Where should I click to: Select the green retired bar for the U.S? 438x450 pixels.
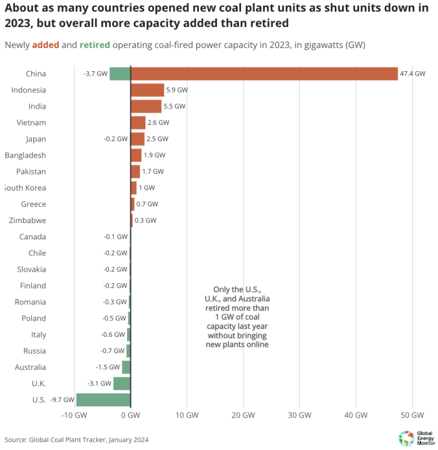point(103,400)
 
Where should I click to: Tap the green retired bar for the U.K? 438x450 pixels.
point(121,384)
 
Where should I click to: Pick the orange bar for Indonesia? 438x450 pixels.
point(147,90)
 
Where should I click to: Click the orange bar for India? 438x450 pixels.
point(146,106)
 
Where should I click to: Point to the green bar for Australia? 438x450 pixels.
point(126,367)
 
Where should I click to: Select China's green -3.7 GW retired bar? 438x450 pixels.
point(120,74)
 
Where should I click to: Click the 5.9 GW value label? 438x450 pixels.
point(177,90)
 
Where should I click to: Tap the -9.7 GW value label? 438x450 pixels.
point(61,400)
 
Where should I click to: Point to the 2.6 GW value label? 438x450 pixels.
point(158,122)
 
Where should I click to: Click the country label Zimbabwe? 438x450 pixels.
point(26,221)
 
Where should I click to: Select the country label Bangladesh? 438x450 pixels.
point(25,155)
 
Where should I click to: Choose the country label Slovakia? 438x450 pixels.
point(31,269)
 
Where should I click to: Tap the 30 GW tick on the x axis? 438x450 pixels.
point(300,416)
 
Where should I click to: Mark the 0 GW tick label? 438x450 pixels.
point(130,416)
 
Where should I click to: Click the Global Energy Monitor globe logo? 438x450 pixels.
point(405,437)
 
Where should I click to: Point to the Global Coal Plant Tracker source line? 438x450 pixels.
point(76,439)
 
